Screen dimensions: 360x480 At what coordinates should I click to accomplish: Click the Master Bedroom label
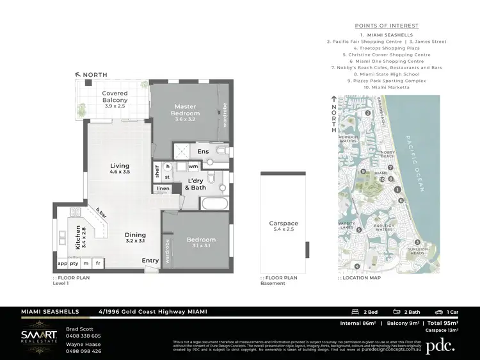(185, 110)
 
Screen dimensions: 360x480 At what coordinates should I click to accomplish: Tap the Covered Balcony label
(115, 97)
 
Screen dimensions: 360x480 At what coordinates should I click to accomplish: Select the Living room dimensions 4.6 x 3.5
(120, 172)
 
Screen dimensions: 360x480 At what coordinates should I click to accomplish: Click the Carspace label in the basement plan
(283, 224)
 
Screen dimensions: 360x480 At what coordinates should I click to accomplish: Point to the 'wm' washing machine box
(193, 166)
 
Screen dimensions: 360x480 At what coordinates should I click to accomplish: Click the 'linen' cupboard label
(163, 188)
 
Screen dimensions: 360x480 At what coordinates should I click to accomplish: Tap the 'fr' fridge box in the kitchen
(98, 263)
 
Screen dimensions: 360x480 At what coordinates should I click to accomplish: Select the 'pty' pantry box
(74, 263)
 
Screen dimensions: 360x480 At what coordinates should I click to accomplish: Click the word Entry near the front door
(150, 260)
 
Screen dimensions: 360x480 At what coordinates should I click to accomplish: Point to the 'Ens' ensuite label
(203, 151)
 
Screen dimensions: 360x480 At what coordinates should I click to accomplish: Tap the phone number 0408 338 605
(84, 336)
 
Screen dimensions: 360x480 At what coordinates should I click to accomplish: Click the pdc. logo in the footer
(441, 345)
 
